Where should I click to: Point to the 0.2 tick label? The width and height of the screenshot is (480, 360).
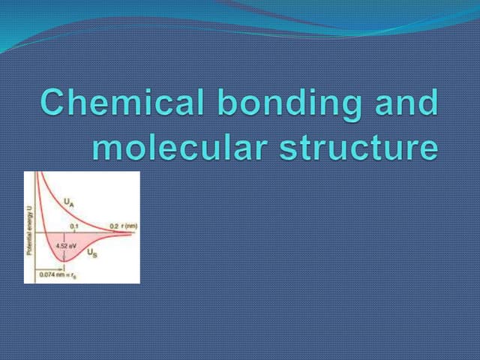click(x=113, y=226)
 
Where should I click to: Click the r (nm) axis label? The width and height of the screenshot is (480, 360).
click(x=127, y=226)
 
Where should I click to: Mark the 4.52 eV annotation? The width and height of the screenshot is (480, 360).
click(x=63, y=244)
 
